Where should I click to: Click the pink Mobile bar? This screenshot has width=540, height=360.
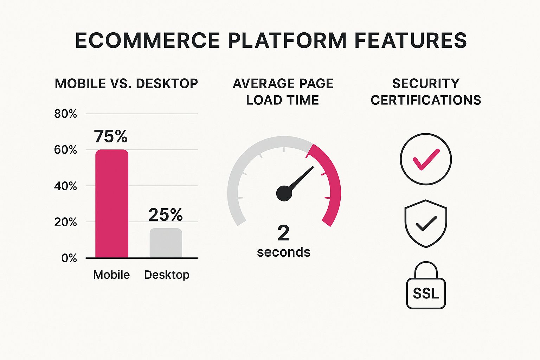coord(112,204)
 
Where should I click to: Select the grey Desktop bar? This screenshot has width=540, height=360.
coord(166,243)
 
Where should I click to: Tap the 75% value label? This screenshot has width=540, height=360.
coord(111,136)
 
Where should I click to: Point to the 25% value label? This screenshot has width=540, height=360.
coord(165,214)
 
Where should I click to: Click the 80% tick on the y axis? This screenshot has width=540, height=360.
coord(66,114)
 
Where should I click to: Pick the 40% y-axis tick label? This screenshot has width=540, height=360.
coord(66,186)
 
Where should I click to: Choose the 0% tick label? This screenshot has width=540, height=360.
coord(69,258)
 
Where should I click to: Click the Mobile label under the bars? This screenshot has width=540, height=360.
coord(111,275)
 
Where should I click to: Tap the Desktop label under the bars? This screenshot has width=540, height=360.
coord(167,275)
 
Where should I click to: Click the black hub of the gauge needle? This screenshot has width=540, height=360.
coord(284,193)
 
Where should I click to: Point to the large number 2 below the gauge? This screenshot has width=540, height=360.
coord(283,233)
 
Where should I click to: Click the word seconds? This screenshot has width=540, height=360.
coord(284,252)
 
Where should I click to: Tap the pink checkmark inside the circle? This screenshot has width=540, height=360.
coord(426,159)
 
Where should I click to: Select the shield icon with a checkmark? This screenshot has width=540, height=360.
coord(426,224)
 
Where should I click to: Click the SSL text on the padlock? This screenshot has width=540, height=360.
coord(426,293)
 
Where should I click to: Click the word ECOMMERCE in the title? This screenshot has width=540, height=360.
coord(148,40)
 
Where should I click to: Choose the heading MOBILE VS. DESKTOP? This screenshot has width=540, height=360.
coord(126,84)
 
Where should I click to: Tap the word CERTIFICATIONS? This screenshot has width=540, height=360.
coord(426,100)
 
